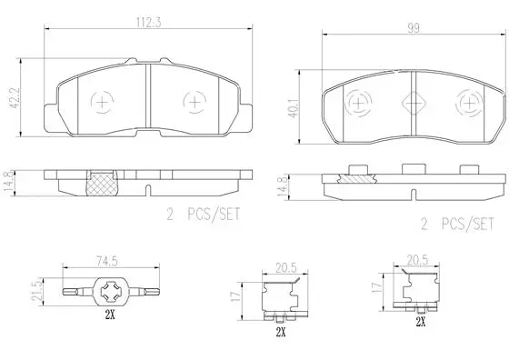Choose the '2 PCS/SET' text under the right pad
click(457, 223)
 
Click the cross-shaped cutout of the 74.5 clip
click(113, 293)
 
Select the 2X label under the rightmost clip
click(421, 322)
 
